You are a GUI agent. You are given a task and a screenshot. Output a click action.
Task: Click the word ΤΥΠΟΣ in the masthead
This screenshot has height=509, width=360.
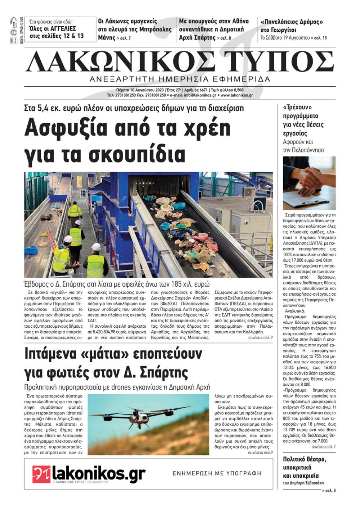[279, 62]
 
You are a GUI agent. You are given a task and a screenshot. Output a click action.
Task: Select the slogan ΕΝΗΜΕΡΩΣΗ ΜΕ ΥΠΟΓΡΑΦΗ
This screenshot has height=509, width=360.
[217, 473]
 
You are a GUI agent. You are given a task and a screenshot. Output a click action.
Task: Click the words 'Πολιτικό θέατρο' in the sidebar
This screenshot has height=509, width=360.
[304, 459]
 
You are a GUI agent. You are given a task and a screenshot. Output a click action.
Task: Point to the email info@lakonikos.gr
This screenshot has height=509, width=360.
[200, 95]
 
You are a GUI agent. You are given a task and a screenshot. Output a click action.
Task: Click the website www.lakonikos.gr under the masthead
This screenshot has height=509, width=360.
[237, 95]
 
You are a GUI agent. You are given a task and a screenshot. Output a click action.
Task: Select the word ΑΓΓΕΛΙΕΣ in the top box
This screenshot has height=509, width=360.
[63, 28]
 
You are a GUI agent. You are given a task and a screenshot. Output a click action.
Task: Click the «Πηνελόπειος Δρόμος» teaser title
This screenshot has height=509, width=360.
[292, 22]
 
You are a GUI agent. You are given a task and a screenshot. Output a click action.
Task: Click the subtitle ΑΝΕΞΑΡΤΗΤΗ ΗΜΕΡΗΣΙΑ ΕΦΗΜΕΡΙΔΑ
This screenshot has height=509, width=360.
[180, 79]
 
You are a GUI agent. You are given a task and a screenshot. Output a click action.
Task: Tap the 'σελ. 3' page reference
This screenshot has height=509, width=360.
[329, 491]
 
